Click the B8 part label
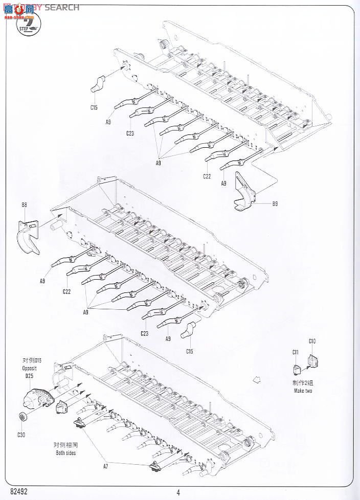pyautogui.click(x=24, y=204)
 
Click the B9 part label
pyautogui.click(x=275, y=204)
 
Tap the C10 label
pyautogui.click(x=312, y=341)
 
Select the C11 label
pyautogui.click(x=296, y=352)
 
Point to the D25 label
pyautogui.click(x=29, y=376)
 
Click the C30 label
pyautogui.click(x=20, y=435)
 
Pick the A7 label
pyautogui.click(x=106, y=466)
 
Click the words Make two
pyautogui.click(x=303, y=391)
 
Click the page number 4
pyautogui.click(x=178, y=492)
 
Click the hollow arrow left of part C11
pyautogui.click(x=257, y=380)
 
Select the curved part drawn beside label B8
pyautogui.click(x=29, y=236)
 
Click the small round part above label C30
pyautogui.click(x=22, y=417)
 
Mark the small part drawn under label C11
pyautogui.click(x=297, y=370)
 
